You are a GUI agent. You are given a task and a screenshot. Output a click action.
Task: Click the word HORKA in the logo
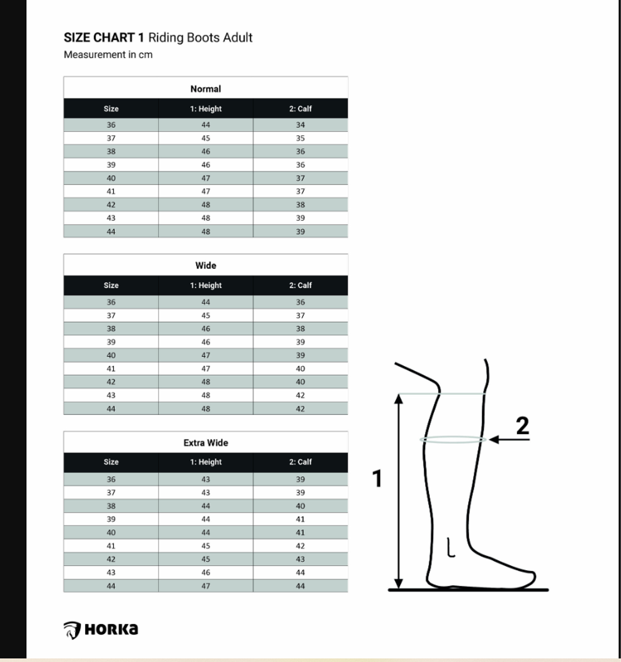pos(111,629)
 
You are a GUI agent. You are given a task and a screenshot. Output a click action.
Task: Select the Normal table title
pos(205,89)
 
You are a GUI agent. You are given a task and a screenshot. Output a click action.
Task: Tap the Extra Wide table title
pos(205,443)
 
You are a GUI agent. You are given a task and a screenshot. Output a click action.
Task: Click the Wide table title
pos(205,265)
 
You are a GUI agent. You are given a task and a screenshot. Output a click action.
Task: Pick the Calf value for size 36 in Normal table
pos(300,125)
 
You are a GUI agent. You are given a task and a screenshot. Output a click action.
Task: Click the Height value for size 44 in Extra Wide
pos(205,586)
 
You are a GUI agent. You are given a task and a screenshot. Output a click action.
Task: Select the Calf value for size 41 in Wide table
pos(300,369)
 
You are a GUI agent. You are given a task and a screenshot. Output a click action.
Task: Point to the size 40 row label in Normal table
pos(111,178)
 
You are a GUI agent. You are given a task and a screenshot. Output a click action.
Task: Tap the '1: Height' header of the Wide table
pos(205,285)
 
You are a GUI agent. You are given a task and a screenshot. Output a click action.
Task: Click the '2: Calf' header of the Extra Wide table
pos(300,462)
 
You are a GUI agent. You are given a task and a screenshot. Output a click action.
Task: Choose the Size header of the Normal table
pos(111,109)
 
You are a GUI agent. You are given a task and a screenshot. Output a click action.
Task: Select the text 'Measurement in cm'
pos(108,55)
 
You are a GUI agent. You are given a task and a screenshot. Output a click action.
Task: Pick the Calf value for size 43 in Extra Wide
pos(300,572)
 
